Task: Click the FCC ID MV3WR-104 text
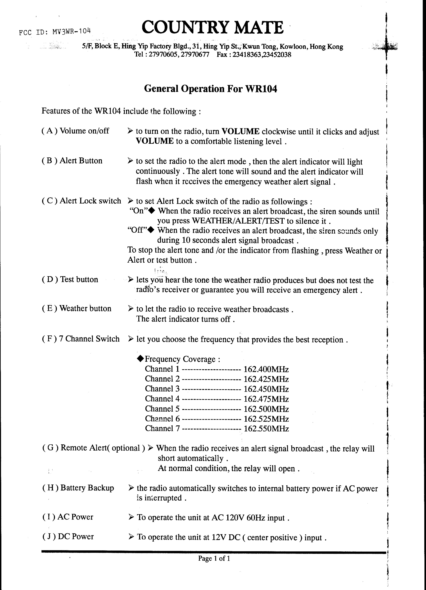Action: coord(55,32)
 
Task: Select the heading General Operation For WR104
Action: coord(210,89)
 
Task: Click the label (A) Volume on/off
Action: coord(75,131)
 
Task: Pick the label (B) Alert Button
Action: coord(72,161)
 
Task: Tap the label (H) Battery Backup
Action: coord(78,488)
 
